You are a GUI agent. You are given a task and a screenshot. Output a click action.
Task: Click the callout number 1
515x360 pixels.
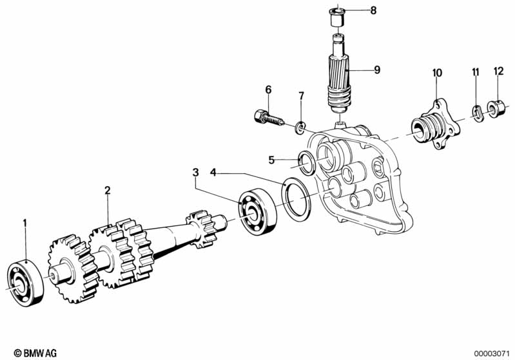coord(26,223)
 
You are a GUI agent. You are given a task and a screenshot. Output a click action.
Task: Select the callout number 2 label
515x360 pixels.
coord(108,190)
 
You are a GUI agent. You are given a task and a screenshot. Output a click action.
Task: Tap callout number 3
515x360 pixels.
coord(195,172)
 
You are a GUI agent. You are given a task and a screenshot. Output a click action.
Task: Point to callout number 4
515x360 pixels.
coord(213,172)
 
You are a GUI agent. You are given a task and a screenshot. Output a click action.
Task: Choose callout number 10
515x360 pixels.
coord(437,73)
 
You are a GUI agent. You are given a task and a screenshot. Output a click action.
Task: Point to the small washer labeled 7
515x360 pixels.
coord(300,128)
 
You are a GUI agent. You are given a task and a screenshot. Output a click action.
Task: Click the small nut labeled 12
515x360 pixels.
coord(496,110)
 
